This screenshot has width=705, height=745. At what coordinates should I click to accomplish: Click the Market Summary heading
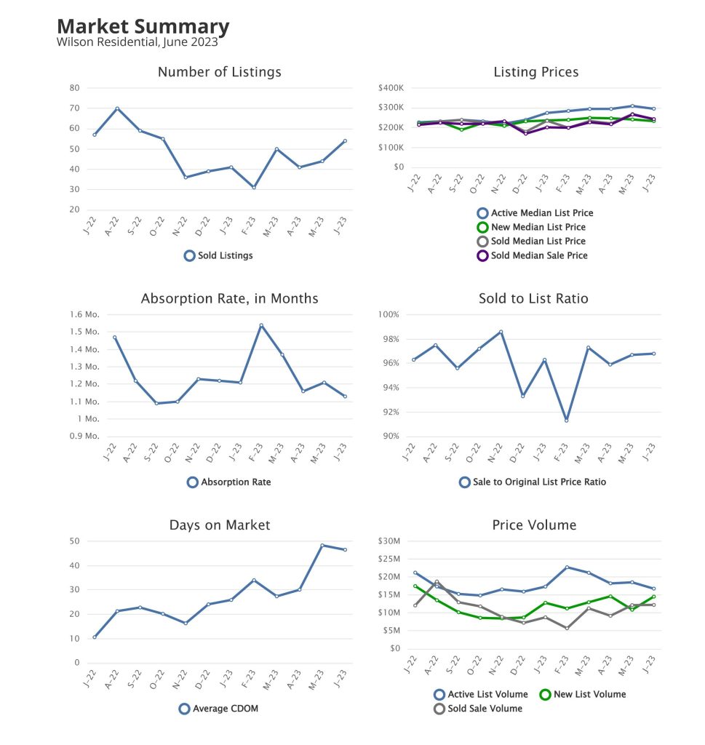pyautogui.click(x=143, y=27)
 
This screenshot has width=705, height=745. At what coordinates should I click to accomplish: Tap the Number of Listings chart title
pyautogui.click(x=219, y=72)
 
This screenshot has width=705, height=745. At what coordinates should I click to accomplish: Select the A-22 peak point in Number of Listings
pyautogui.click(x=116, y=108)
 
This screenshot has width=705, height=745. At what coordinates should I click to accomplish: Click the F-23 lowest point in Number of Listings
pyautogui.click(x=254, y=188)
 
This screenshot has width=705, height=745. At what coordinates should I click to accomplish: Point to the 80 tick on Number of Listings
pyautogui.click(x=74, y=88)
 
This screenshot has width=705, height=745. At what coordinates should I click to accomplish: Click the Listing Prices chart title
pyautogui.click(x=535, y=72)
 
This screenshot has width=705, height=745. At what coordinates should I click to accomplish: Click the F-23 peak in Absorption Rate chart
pyautogui.click(x=261, y=325)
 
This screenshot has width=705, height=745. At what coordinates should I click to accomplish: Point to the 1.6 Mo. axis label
pyautogui.click(x=84, y=315)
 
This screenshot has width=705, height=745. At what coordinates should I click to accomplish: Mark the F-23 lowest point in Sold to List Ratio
pyautogui.click(x=566, y=421)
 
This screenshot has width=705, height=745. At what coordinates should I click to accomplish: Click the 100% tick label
pyautogui.click(x=389, y=315)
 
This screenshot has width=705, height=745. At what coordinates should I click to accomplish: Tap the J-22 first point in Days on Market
pyautogui.click(x=95, y=637)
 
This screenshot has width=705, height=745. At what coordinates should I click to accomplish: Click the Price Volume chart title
pyautogui.click(x=534, y=525)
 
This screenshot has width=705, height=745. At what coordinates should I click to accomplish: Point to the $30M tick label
pyautogui.click(x=391, y=541)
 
